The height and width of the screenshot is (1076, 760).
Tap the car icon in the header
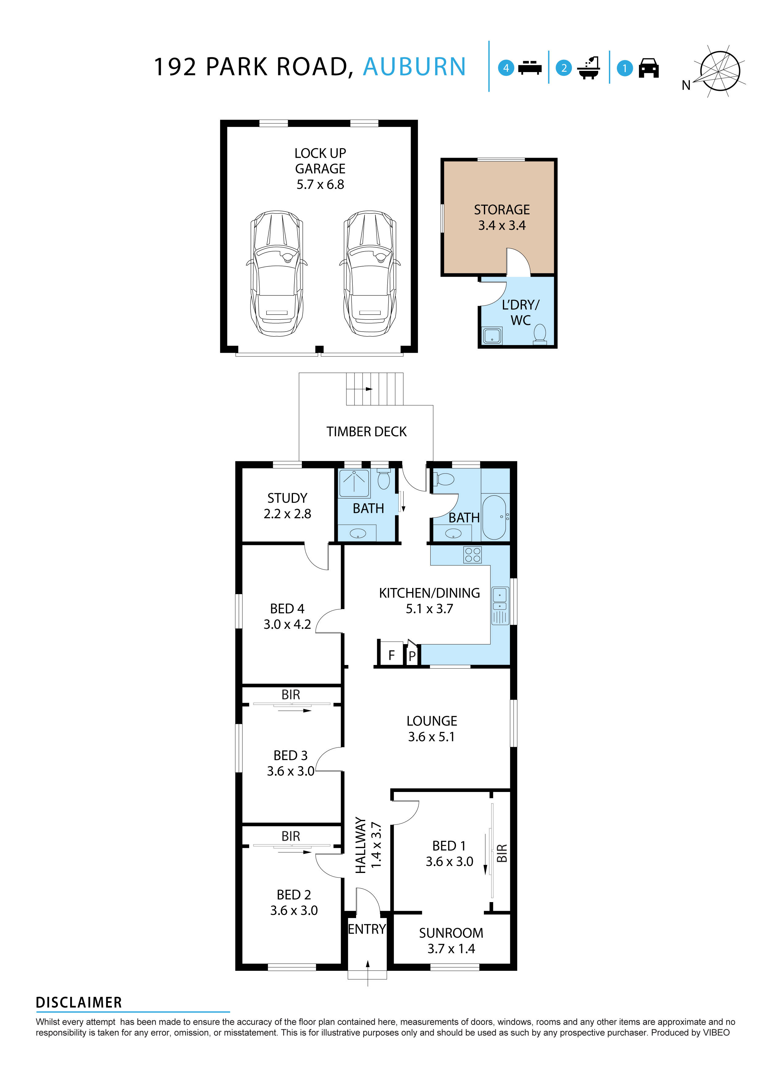[648, 68]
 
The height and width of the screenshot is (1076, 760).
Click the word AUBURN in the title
[414, 67]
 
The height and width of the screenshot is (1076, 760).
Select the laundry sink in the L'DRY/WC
[492, 336]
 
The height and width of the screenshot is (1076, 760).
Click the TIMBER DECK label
[366, 432]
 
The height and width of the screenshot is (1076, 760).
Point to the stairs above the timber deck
[374, 389]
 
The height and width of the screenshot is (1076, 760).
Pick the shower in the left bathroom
[354, 483]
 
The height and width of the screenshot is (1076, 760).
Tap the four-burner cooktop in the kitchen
[472, 555]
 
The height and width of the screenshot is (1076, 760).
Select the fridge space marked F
[391, 655]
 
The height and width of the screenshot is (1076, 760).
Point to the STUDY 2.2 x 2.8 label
[287, 506]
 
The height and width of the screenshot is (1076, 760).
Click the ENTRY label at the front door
[367, 929]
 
